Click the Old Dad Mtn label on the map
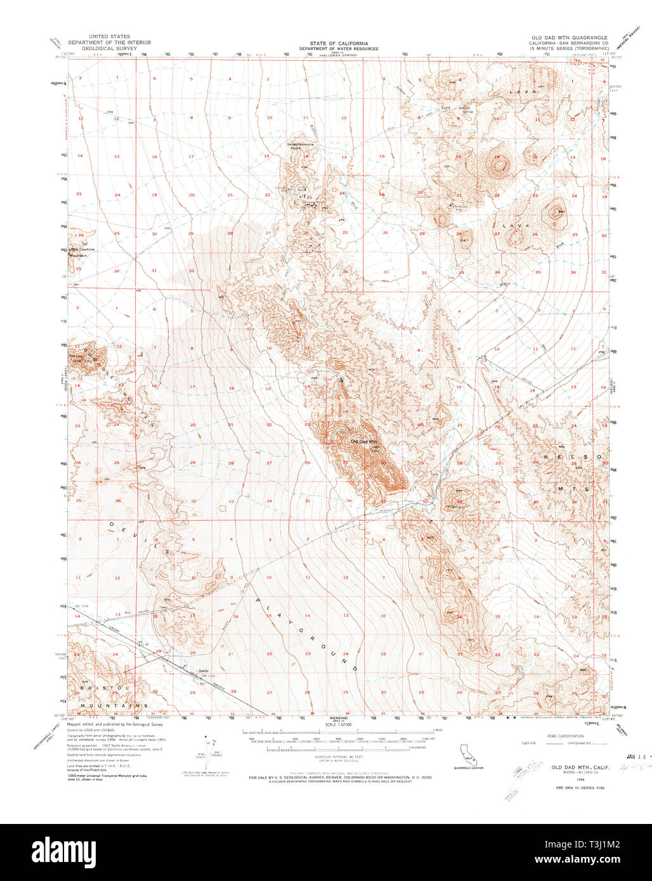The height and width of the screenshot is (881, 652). (x=363, y=440)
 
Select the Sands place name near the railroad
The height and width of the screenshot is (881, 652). (x=204, y=671)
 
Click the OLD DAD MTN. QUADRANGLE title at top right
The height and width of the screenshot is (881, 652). (x=569, y=38)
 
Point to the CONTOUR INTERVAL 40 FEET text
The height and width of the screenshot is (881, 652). (x=339, y=757)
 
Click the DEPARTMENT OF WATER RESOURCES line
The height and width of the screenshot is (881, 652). (x=339, y=49)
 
